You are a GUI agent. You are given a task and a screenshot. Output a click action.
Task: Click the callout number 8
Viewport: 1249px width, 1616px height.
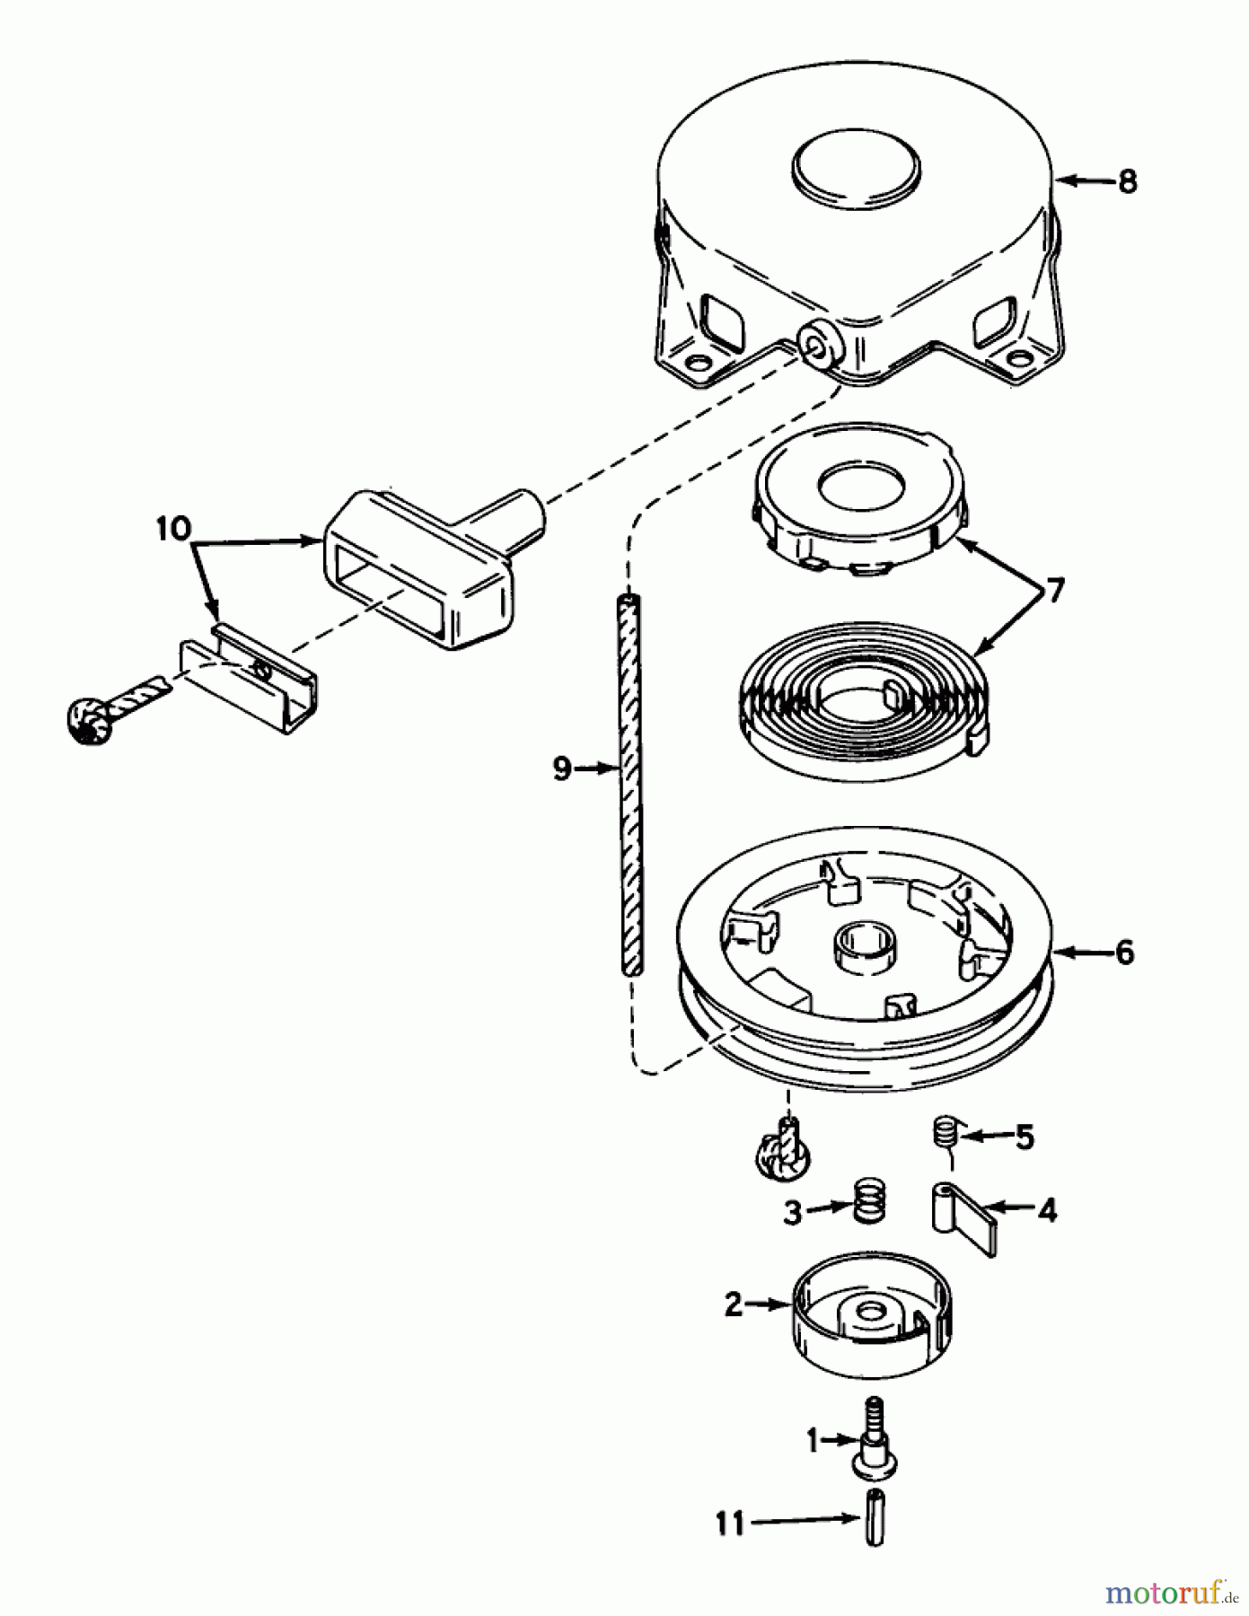[x=1126, y=181]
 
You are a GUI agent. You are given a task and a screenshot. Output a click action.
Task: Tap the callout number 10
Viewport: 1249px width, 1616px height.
[x=172, y=529]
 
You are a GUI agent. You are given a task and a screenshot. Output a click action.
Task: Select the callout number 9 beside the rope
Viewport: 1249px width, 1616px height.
[x=562, y=768]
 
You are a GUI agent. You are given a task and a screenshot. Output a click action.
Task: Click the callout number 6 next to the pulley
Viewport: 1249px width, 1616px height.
[x=1123, y=953]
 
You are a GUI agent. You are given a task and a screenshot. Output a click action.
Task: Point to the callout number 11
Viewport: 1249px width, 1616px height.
[x=730, y=1523]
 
